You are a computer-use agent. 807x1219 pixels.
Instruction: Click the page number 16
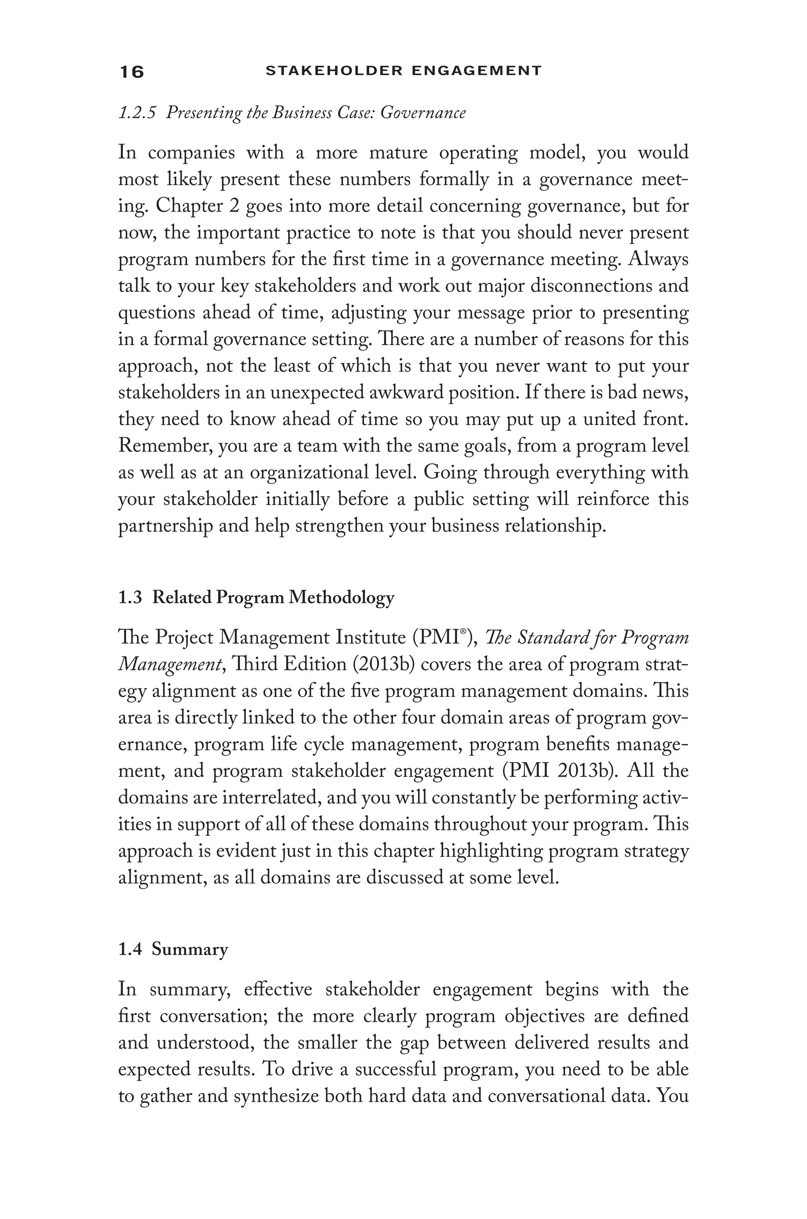pyautogui.click(x=132, y=71)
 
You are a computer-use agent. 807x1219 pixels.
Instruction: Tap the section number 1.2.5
pyautogui.click(x=137, y=113)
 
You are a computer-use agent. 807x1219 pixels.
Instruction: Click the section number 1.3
pyautogui.click(x=130, y=598)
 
